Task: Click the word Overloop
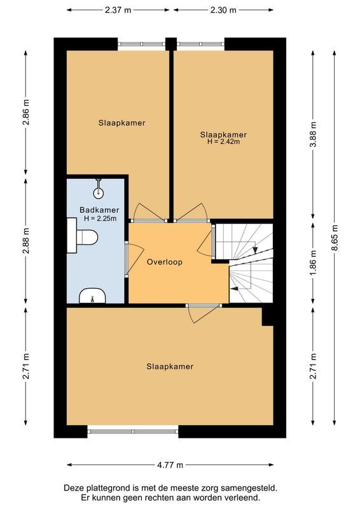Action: [x=165, y=262]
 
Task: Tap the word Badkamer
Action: [x=99, y=210]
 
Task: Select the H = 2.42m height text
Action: [x=223, y=142]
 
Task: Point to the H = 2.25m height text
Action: [x=99, y=219]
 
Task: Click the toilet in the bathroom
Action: [x=85, y=238]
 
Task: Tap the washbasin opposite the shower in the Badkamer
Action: [x=93, y=296]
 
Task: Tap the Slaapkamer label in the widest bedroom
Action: [x=170, y=366]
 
